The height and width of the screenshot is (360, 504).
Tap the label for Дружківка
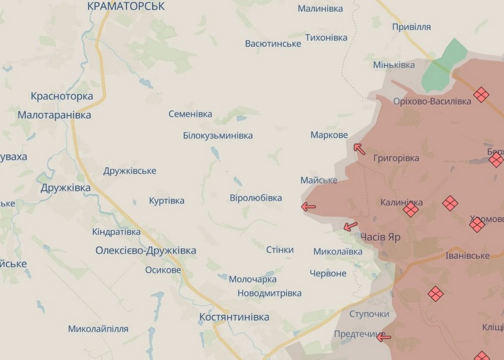(66, 188)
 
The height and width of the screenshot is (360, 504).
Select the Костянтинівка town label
(234, 317)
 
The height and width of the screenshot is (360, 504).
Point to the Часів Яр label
(381, 237)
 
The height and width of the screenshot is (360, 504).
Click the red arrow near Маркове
(359, 148)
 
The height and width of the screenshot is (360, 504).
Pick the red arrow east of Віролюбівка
(308, 206)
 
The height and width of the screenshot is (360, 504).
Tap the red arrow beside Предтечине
(384, 337)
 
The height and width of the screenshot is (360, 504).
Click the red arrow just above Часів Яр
(350, 226)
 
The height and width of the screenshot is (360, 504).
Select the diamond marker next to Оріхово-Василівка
(481, 94)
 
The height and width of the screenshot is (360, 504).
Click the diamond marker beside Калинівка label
(411, 209)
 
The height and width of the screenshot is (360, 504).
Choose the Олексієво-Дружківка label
(146, 251)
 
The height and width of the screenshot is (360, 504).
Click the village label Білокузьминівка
(218, 136)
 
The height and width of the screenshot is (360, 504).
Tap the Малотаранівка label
(54, 115)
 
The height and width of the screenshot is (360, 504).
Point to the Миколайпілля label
(98, 329)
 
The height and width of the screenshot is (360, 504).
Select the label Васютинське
(273, 43)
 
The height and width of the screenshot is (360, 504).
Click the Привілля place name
(411, 27)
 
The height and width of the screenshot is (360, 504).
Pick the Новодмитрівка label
(269, 293)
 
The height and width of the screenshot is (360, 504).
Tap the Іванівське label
(467, 256)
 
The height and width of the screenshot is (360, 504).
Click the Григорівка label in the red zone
(396, 158)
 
